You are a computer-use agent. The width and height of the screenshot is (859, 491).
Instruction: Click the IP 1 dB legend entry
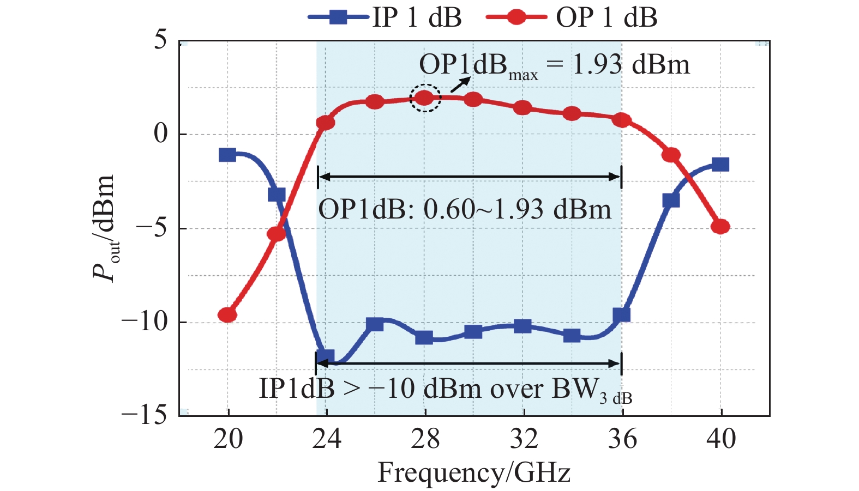385,18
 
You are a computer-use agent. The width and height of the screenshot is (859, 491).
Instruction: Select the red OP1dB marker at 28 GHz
425,98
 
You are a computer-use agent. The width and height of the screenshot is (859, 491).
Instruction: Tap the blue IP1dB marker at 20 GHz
227,155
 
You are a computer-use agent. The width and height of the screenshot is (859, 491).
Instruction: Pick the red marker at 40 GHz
720,226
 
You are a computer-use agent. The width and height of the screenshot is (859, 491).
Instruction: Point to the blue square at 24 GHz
326,357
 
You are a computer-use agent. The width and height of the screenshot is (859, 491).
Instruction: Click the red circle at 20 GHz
227,315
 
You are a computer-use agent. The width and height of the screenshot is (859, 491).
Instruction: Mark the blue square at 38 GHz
671,200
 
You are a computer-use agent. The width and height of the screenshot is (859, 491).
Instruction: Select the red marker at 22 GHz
277,234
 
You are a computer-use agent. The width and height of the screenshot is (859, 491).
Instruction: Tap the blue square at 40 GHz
720,165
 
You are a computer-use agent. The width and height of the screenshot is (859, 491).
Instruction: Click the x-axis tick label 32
524,439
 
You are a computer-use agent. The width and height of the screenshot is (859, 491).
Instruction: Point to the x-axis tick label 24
326,439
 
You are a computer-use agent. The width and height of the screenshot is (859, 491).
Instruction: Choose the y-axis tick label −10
145,322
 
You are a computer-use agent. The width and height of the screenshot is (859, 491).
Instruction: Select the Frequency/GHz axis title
474,472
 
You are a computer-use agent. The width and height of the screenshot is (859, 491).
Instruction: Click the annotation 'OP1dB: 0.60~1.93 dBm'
465,209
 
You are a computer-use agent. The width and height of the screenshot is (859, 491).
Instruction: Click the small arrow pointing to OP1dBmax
460,84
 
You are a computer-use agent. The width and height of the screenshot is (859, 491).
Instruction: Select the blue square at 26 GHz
375,324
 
